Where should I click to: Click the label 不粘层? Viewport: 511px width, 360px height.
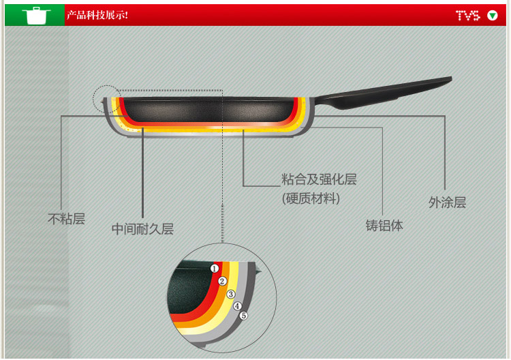click(x=66, y=220)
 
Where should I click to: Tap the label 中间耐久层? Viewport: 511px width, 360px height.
click(x=142, y=229)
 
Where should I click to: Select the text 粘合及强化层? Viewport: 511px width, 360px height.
click(x=319, y=180)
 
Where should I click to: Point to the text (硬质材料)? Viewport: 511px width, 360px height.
click(x=311, y=198)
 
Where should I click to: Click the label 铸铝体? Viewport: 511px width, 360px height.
click(x=384, y=225)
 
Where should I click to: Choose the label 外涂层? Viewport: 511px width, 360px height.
click(x=447, y=202)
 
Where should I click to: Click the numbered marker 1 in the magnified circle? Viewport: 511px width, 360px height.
click(x=215, y=269)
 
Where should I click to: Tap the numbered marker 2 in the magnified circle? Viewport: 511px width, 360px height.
click(x=222, y=281)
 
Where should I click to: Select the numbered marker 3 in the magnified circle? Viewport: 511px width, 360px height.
click(x=230, y=294)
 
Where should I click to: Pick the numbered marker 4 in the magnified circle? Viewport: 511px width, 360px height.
click(x=237, y=305)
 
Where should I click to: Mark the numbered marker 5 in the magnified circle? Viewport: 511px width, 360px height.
click(x=243, y=315)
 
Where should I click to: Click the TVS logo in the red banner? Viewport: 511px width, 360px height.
click(x=468, y=15)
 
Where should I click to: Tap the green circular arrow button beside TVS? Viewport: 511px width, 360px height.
click(x=493, y=15)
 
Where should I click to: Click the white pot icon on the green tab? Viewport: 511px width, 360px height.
click(x=35, y=15)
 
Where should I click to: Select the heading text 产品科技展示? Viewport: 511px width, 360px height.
click(x=97, y=15)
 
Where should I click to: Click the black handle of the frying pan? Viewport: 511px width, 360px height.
click(x=388, y=93)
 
